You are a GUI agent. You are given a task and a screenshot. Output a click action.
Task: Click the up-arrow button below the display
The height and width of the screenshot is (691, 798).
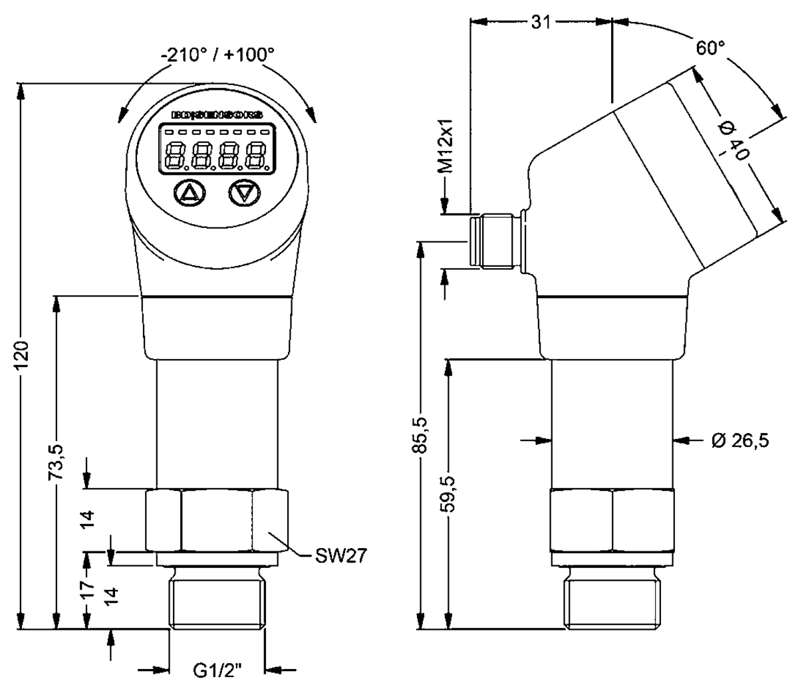190,193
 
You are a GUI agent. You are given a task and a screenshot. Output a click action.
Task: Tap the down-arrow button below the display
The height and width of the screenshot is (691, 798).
245,193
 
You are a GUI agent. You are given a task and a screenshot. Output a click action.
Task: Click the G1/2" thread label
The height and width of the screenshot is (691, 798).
217,672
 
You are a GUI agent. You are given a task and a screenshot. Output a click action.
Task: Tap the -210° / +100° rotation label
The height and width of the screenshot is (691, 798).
217,55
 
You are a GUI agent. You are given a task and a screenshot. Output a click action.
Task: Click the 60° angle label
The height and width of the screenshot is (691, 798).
710,48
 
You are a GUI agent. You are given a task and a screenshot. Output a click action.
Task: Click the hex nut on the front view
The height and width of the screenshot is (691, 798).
217,521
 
